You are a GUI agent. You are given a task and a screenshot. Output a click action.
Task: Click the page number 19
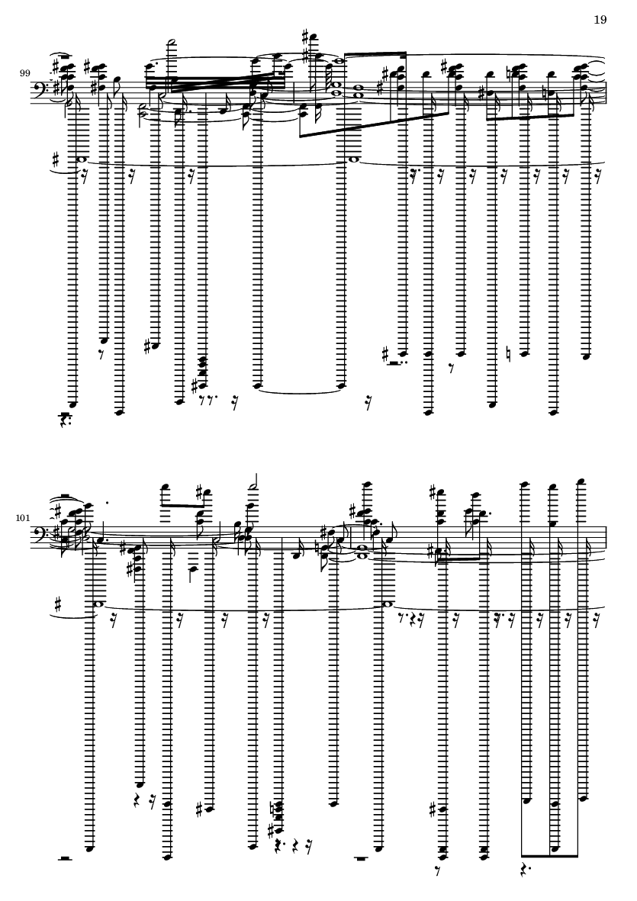(x=600, y=20)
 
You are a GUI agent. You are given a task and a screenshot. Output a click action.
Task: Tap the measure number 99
(x=25, y=73)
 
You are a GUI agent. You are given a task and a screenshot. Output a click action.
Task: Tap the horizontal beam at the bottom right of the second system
(x=549, y=856)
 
